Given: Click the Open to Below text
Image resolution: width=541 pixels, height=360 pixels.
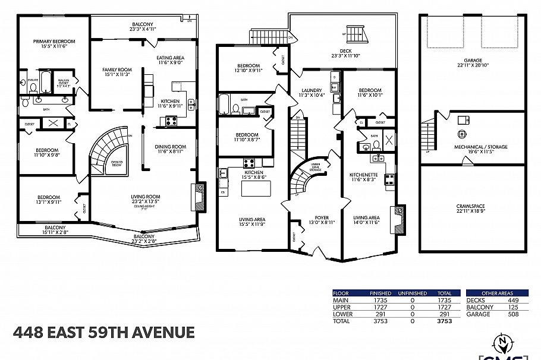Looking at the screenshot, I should (117, 164).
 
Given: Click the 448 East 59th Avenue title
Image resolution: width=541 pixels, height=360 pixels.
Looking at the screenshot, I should (103, 331).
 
